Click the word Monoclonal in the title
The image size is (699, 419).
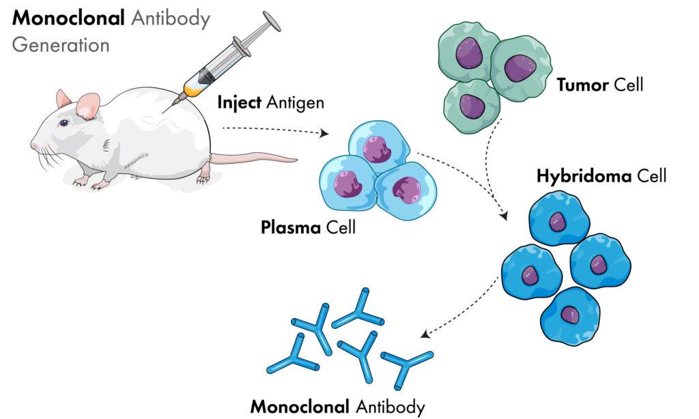pyautogui.click(x=66, y=18)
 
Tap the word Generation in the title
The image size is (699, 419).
pyautogui.click(x=61, y=45)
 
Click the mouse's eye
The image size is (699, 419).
pyautogui.click(x=64, y=123)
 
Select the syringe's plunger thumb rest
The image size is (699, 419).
pyautogui.click(x=270, y=21)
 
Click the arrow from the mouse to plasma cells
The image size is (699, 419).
pyautogui.click(x=273, y=130)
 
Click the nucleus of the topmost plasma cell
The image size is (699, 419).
pyautogui.click(x=376, y=149)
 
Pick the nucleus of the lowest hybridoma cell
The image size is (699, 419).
pyautogui.click(x=570, y=314)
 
